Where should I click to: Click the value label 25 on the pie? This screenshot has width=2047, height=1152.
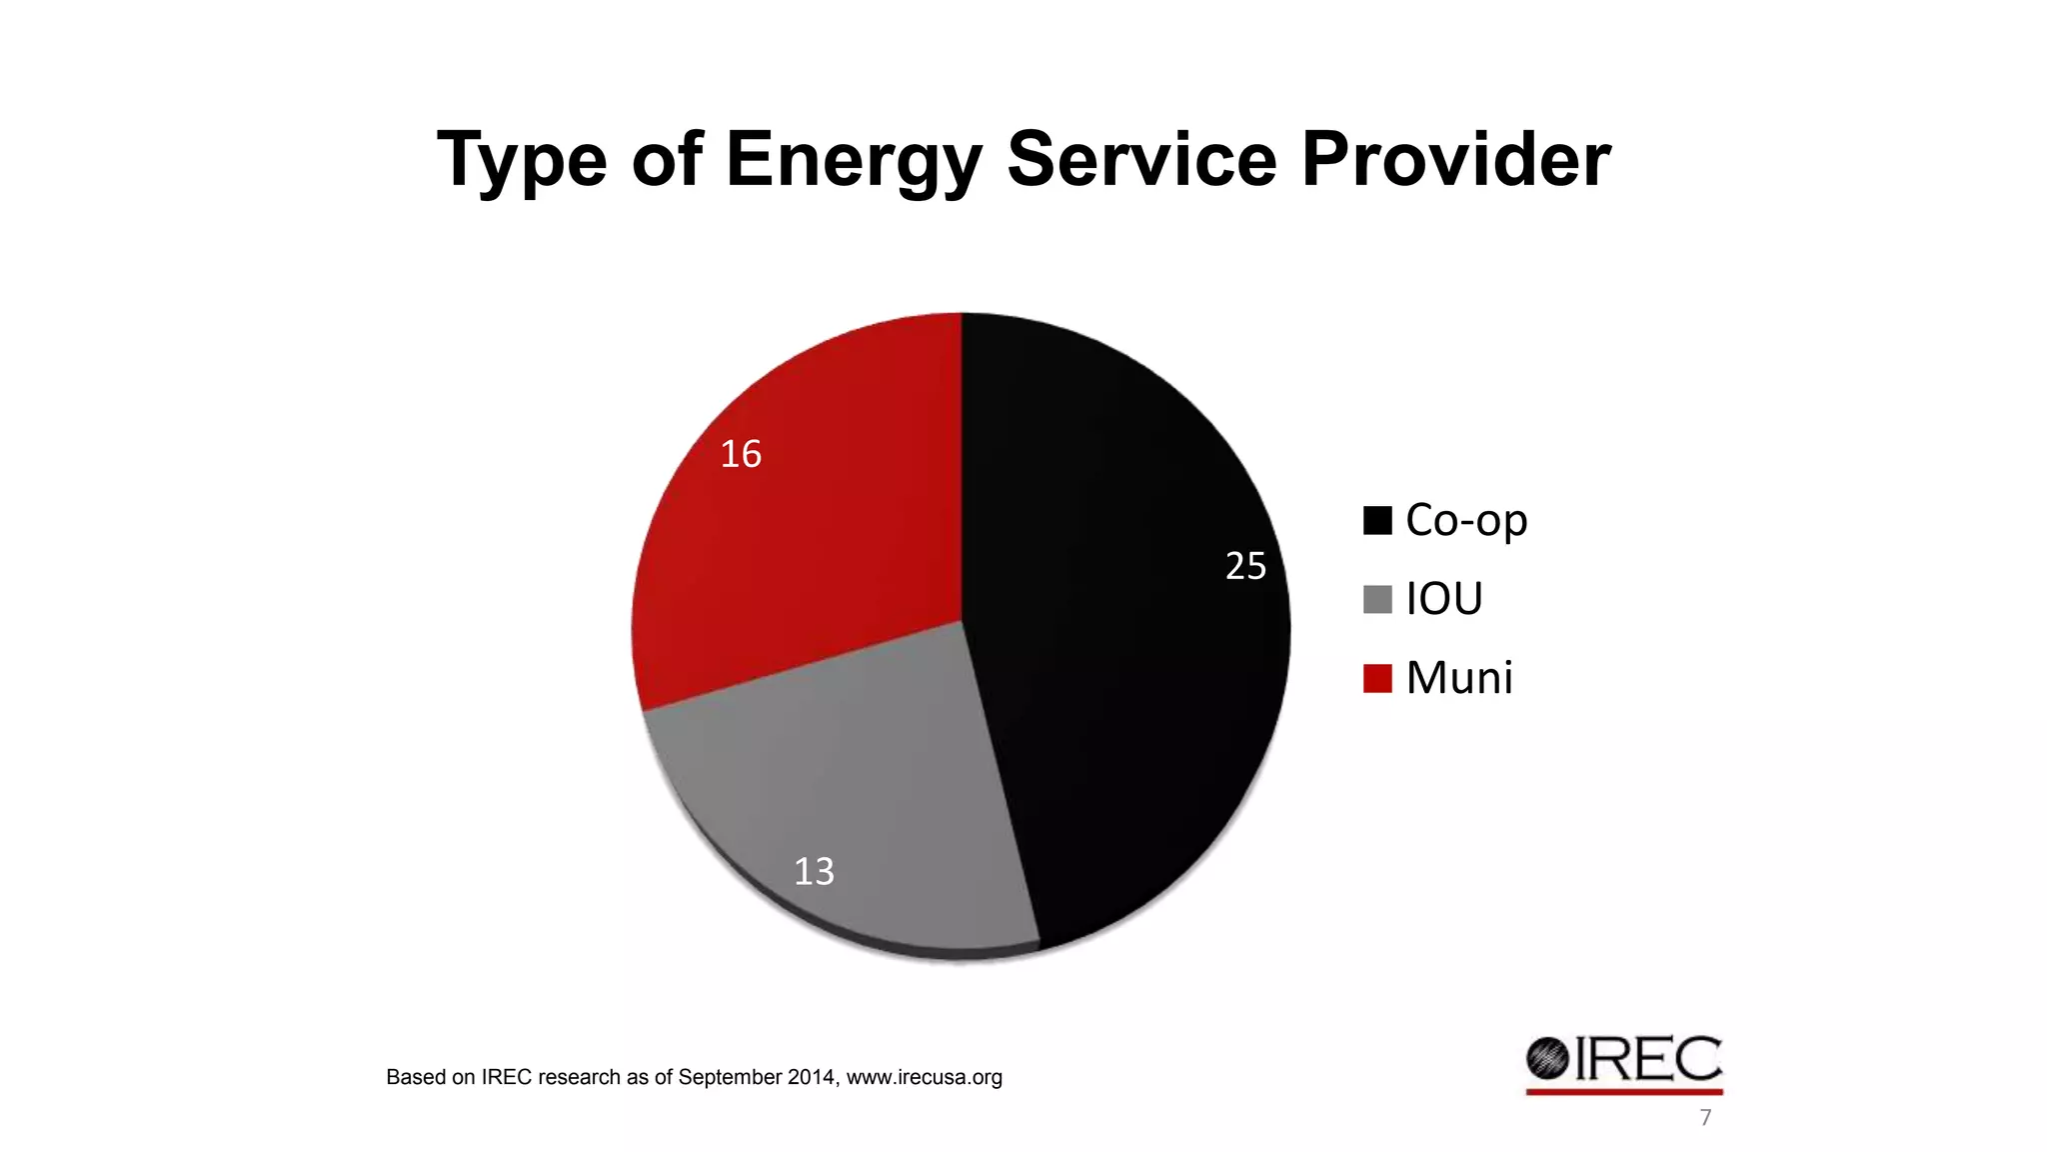(x=1245, y=567)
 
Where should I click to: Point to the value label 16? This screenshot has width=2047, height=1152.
(x=741, y=455)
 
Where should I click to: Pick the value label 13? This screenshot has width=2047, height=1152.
(x=814, y=872)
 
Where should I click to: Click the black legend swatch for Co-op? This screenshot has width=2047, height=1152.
(x=1377, y=521)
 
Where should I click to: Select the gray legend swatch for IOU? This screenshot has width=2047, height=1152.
(x=1377, y=600)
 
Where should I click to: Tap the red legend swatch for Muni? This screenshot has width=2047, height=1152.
(x=1377, y=678)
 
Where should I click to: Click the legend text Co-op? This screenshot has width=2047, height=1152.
(x=1466, y=521)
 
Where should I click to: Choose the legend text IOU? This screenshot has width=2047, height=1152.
(x=1444, y=600)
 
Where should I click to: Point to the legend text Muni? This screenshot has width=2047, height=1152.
(x=1459, y=678)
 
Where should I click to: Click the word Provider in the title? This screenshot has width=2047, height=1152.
(x=1455, y=160)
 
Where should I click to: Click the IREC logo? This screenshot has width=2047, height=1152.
(x=1624, y=1062)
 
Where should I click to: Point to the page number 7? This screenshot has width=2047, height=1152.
(x=1705, y=1118)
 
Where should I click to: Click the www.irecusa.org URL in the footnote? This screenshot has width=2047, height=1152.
(x=924, y=1078)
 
